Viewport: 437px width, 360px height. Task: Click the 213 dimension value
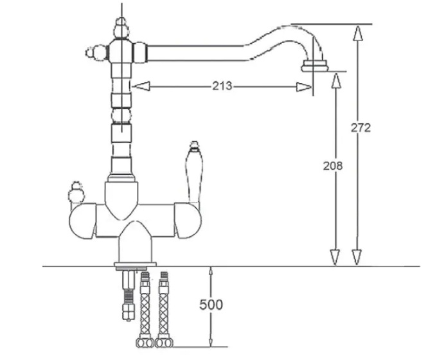click(x=222, y=86)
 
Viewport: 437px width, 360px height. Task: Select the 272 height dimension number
click(x=361, y=127)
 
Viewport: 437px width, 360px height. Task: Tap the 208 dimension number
click(x=333, y=166)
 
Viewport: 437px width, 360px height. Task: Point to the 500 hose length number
click(x=211, y=305)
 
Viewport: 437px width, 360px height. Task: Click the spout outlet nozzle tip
click(x=315, y=66)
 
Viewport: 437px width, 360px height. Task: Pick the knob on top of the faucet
click(x=121, y=27)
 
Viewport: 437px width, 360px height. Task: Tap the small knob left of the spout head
click(x=96, y=53)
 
